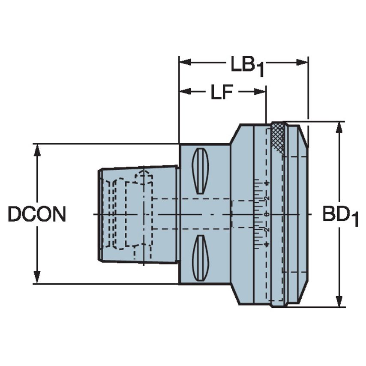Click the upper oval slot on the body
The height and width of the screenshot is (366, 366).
[200, 171]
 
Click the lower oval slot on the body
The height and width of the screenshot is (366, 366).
[200, 258]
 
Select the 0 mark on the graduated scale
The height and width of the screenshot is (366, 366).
[266, 214]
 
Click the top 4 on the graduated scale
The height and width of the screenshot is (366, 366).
[266, 183]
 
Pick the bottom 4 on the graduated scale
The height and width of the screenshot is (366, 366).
[266, 244]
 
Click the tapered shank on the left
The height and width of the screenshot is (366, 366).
[137, 214]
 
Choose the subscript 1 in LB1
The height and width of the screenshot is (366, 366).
[260, 71]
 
